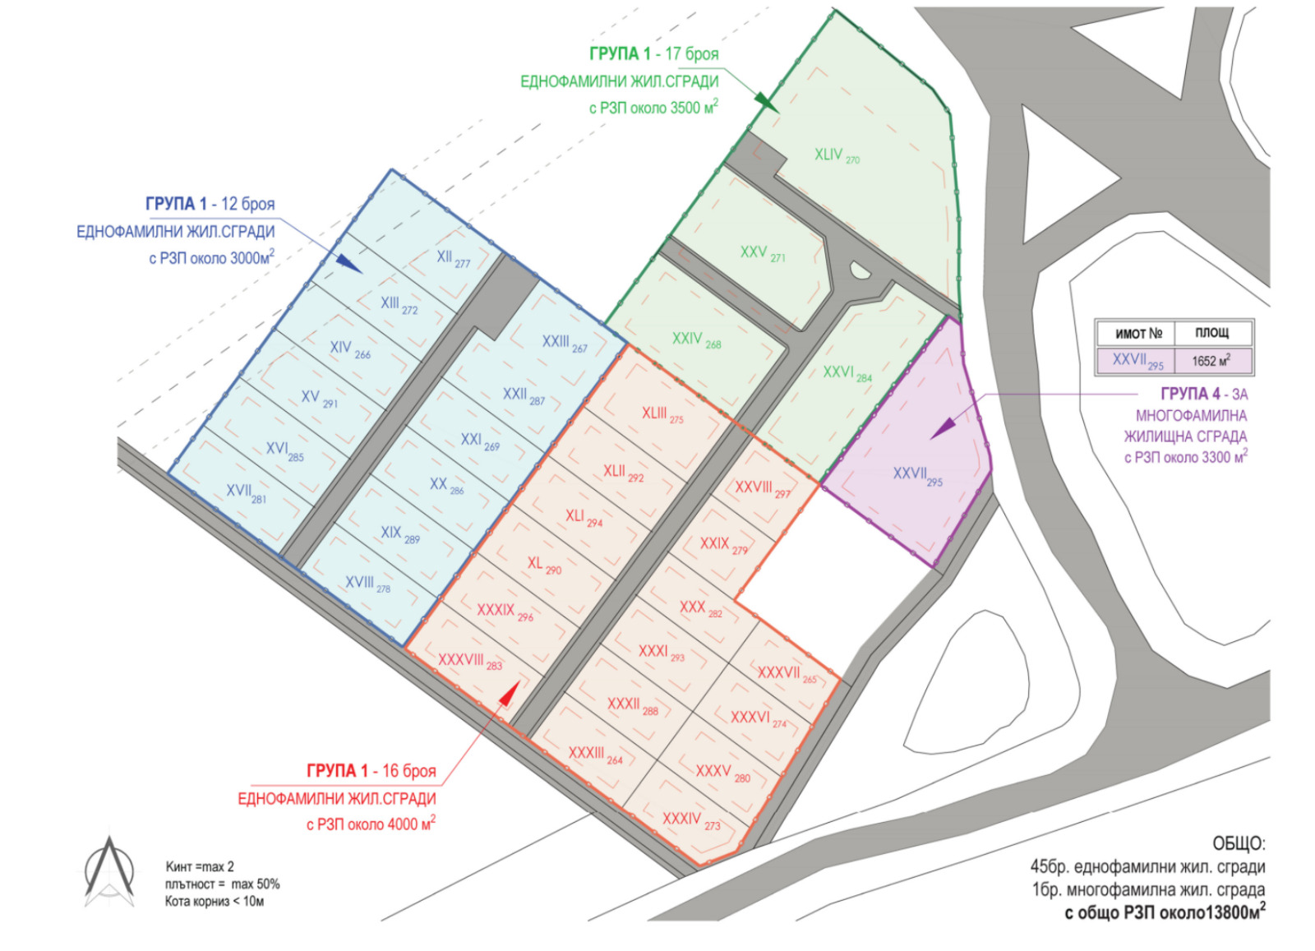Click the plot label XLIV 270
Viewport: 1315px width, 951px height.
coord(837,155)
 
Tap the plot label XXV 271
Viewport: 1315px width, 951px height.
coord(762,253)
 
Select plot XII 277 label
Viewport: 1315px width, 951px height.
coord(453,258)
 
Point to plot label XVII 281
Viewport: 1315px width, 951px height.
coord(246,492)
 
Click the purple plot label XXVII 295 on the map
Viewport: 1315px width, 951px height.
coord(917,475)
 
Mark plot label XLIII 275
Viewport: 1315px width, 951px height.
coord(662,414)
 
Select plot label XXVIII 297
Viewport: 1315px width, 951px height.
coord(762,488)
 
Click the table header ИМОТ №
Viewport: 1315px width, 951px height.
coord(1137,333)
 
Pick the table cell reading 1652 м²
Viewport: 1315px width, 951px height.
coord(1211,361)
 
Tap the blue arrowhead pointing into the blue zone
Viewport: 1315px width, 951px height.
coord(348,263)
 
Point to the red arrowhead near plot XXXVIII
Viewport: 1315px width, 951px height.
coord(509,695)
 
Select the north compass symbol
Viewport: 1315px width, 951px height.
coord(109,871)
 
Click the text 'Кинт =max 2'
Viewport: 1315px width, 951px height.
coord(200,866)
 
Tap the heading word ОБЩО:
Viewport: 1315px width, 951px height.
coord(1238,844)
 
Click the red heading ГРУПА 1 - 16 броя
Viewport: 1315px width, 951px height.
coord(371,771)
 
